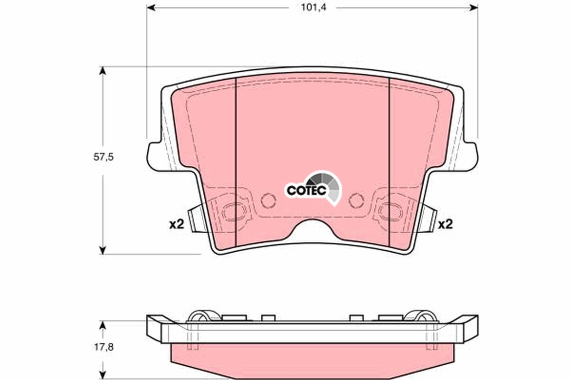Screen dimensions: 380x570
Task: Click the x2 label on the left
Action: [176, 225]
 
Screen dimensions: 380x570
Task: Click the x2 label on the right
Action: [445, 225]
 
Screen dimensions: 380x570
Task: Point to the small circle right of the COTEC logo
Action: [356, 200]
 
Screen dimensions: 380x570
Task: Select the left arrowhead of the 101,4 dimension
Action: [151, 8]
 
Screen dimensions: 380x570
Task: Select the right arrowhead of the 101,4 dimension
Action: [474, 8]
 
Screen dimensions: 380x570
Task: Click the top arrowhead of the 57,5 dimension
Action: [102, 71]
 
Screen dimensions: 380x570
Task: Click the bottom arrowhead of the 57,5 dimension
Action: [102, 249]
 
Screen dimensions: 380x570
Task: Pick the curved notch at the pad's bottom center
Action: [313, 229]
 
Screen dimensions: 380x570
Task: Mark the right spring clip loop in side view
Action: [421, 315]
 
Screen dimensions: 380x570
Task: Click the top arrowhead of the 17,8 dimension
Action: [102, 324]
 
